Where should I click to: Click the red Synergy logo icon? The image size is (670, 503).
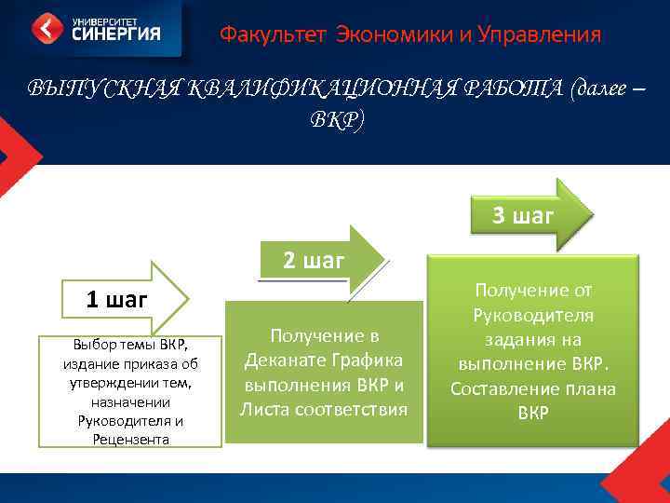(x=47, y=29)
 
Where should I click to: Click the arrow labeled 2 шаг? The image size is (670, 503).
(x=316, y=261)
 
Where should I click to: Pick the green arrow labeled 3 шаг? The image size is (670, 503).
(x=526, y=216)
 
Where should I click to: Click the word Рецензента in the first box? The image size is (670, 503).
(x=130, y=438)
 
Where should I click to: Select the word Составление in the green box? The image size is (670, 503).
(x=504, y=388)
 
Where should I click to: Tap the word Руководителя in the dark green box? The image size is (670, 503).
(x=533, y=316)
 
